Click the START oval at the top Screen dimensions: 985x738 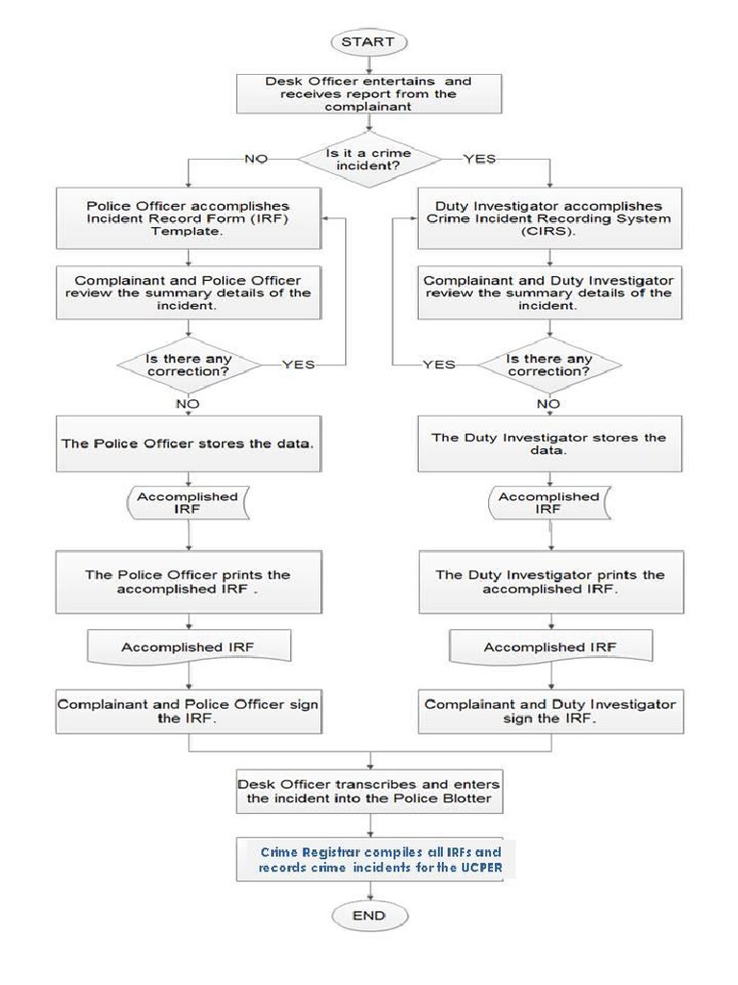pyautogui.click(x=369, y=41)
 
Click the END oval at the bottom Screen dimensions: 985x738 pyautogui.click(x=369, y=916)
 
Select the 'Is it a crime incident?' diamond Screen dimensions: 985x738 pyautogui.click(x=369, y=160)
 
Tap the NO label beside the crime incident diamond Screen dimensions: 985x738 pyautogui.click(x=255, y=159)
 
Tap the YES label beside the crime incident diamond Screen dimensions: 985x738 pyautogui.click(x=480, y=159)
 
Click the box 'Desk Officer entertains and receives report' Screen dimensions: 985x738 pyautogui.click(x=369, y=94)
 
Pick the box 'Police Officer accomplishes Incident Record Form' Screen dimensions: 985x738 pyautogui.click(x=188, y=219)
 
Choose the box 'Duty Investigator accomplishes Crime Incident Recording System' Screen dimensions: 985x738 pyautogui.click(x=549, y=219)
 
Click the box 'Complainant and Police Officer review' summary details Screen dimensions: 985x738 pyautogui.click(x=188, y=292)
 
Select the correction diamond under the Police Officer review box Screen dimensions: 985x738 pyautogui.click(x=188, y=366)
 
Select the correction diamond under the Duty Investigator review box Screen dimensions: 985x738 pyautogui.click(x=549, y=366)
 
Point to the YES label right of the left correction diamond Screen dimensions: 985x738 pyautogui.click(x=298, y=365)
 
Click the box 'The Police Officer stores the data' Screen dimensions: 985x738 pyautogui.click(x=188, y=444)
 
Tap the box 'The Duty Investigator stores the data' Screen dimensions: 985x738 pyautogui.click(x=549, y=444)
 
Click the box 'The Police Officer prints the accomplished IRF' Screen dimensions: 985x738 pyautogui.click(x=188, y=582)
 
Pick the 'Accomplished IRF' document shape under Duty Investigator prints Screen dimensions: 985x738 pyautogui.click(x=549, y=647)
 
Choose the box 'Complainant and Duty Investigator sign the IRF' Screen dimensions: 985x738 pyautogui.click(x=549, y=712)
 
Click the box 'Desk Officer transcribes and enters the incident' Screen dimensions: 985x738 pyautogui.click(x=369, y=791)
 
